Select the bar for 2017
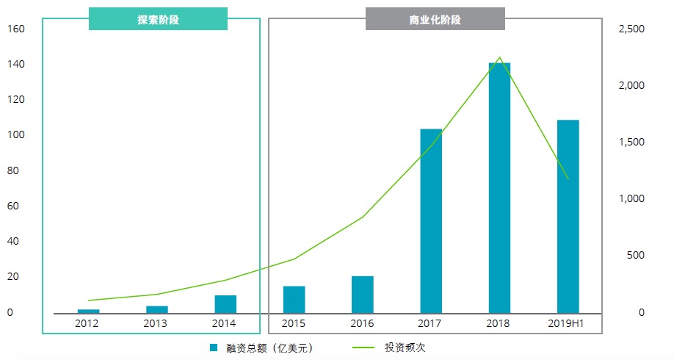point(431,220)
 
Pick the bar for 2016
point(363,294)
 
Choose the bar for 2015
point(294,299)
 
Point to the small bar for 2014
point(225,304)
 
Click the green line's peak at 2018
point(499,57)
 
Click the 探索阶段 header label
point(158,20)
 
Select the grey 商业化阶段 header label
point(435,20)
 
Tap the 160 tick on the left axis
point(16,29)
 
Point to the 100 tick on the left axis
point(16,135)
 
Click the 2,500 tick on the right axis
point(631,29)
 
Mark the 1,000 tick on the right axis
point(631,199)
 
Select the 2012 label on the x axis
point(87,323)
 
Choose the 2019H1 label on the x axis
point(567,323)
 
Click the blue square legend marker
point(214,348)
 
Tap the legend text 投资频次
point(405,348)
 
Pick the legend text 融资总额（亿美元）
point(270,348)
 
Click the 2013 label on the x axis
point(156,323)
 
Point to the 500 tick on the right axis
point(634,256)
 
